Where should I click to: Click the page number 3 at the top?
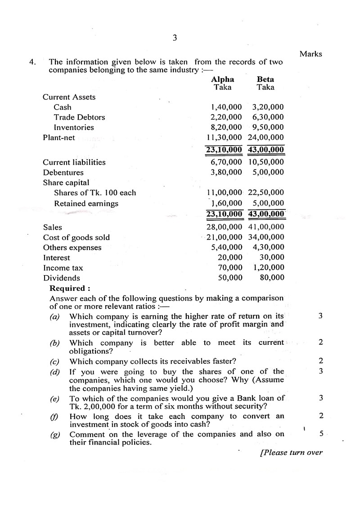[x=175, y=38]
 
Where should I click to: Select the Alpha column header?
[x=223, y=80]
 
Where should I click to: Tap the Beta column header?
[x=265, y=80]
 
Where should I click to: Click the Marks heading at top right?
[x=311, y=54]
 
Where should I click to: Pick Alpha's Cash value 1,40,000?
[x=226, y=107]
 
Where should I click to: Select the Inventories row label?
[x=74, y=127]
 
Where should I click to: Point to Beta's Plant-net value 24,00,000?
[x=266, y=138]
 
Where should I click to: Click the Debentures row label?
[x=63, y=173]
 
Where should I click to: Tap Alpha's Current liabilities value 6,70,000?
[x=226, y=162]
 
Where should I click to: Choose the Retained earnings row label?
[x=86, y=204]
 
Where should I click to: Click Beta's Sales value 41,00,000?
[x=266, y=227]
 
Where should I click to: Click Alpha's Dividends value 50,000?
[x=230, y=278]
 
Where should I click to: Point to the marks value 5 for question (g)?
[x=321, y=434]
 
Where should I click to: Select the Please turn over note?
[x=291, y=452]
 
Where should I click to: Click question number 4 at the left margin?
[x=32, y=62]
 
